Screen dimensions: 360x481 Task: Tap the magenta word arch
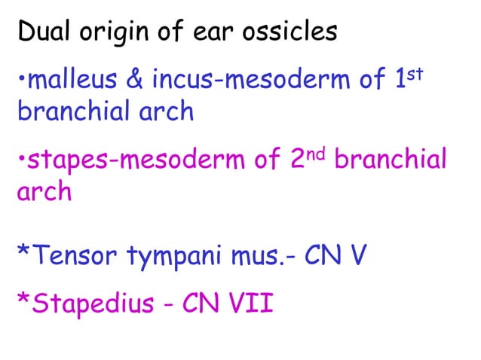44,192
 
